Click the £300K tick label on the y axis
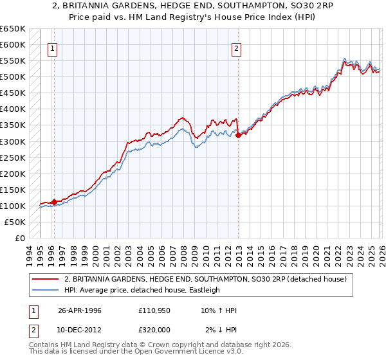(12, 141)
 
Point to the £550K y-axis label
(12, 61)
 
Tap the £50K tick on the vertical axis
(14, 222)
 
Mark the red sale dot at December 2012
(239, 135)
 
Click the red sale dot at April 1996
(55, 202)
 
